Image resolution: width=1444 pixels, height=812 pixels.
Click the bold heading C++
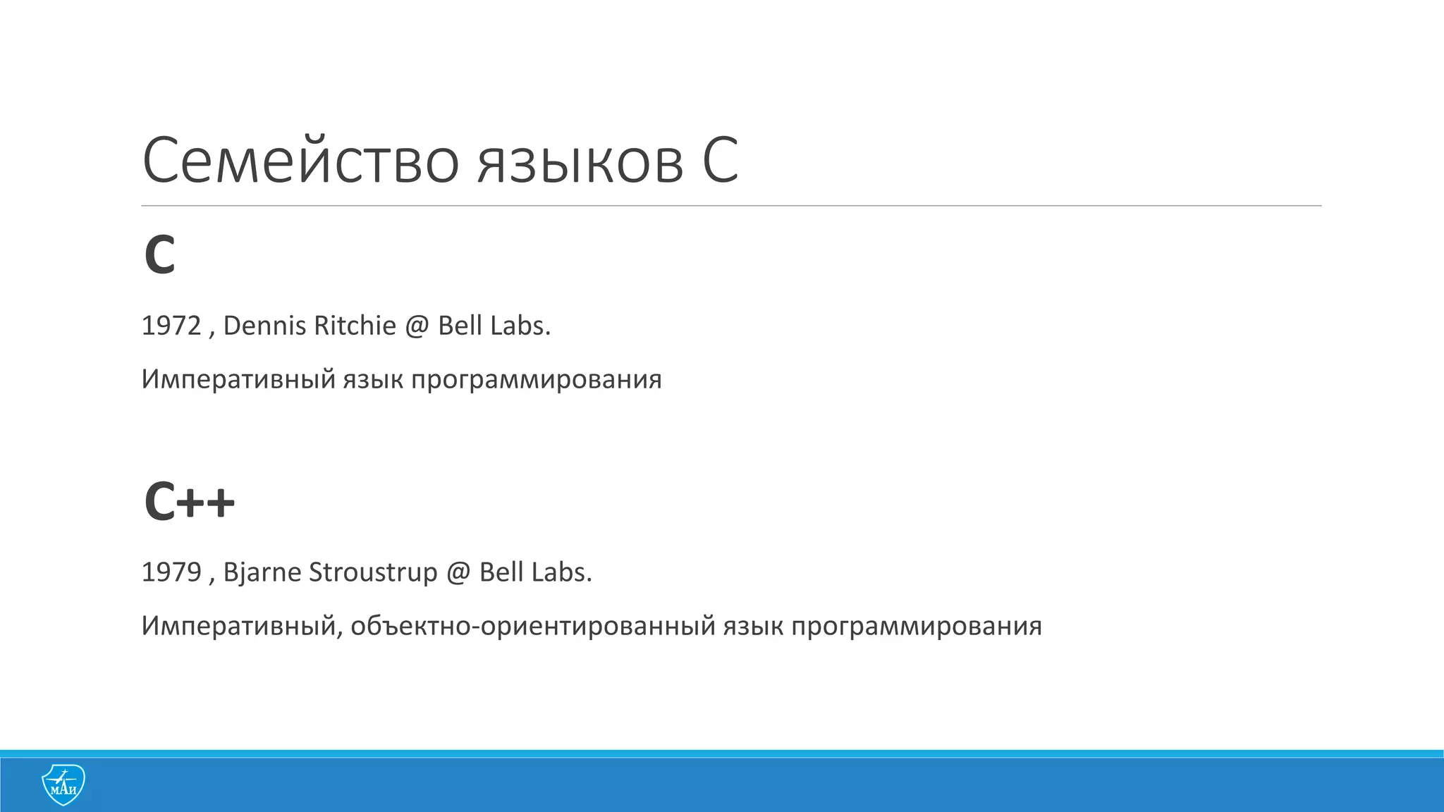tap(189, 502)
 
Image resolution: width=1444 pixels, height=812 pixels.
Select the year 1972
tap(171, 326)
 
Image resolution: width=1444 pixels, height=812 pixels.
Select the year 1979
tap(171, 572)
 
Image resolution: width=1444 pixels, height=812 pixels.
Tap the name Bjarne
tap(262, 572)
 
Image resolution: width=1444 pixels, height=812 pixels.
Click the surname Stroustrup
tap(373, 572)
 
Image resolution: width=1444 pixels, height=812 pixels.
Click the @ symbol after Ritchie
tap(417, 326)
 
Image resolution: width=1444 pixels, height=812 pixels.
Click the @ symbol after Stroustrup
tap(458, 572)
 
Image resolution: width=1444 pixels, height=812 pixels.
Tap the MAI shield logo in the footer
tap(63, 785)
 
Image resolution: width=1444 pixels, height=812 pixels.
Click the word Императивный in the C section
tap(238, 379)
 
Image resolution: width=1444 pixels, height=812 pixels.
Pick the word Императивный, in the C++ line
tap(242, 626)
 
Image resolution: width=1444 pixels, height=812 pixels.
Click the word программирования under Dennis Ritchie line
tap(536, 379)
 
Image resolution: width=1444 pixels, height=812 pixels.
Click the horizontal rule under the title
tap(731, 206)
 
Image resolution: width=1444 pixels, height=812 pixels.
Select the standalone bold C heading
tap(159, 255)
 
